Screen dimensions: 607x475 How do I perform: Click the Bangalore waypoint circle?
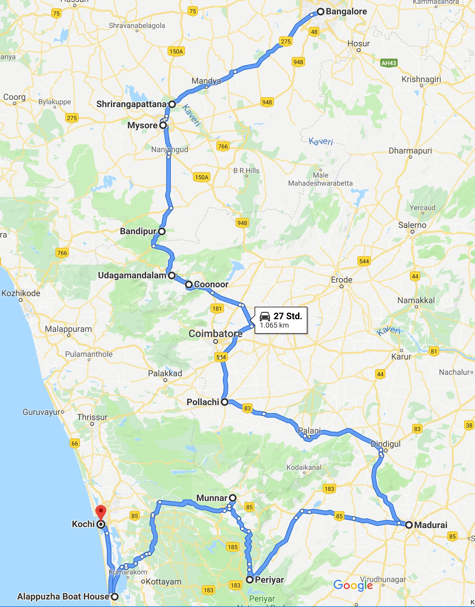pyautogui.click(x=320, y=12)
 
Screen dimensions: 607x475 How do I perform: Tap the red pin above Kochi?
pyautogui.click(x=101, y=511)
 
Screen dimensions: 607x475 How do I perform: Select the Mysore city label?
pyautogui.click(x=142, y=125)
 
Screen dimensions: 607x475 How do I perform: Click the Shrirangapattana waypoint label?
pyautogui.click(x=131, y=104)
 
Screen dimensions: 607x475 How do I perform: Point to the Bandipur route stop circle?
pyautogui.click(x=162, y=231)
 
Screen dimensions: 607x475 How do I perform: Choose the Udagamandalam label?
pyautogui.click(x=132, y=275)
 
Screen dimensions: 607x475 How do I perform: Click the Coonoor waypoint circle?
pyautogui.click(x=189, y=285)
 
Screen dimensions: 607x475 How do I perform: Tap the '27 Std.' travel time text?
pyautogui.click(x=288, y=316)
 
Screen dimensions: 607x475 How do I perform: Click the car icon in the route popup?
pyautogui.click(x=265, y=316)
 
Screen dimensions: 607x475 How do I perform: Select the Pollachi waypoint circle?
pyautogui.click(x=224, y=402)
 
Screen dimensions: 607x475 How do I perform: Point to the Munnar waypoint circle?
pyautogui.click(x=232, y=498)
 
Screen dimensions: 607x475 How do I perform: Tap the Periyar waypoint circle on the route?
pyautogui.click(x=250, y=580)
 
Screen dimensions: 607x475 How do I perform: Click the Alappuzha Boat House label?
pyautogui.click(x=63, y=596)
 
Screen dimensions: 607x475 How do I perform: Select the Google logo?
pyautogui.click(x=353, y=585)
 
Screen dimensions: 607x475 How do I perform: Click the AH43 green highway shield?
pyautogui.click(x=389, y=63)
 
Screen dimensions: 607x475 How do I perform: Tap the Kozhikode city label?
pyautogui.click(x=21, y=293)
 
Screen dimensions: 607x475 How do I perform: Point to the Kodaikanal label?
pyautogui.click(x=304, y=467)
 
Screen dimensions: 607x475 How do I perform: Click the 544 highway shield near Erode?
pyautogui.click(x=364, y=261)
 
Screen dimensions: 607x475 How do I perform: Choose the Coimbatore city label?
pyautogui.click(x=215, y=334)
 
